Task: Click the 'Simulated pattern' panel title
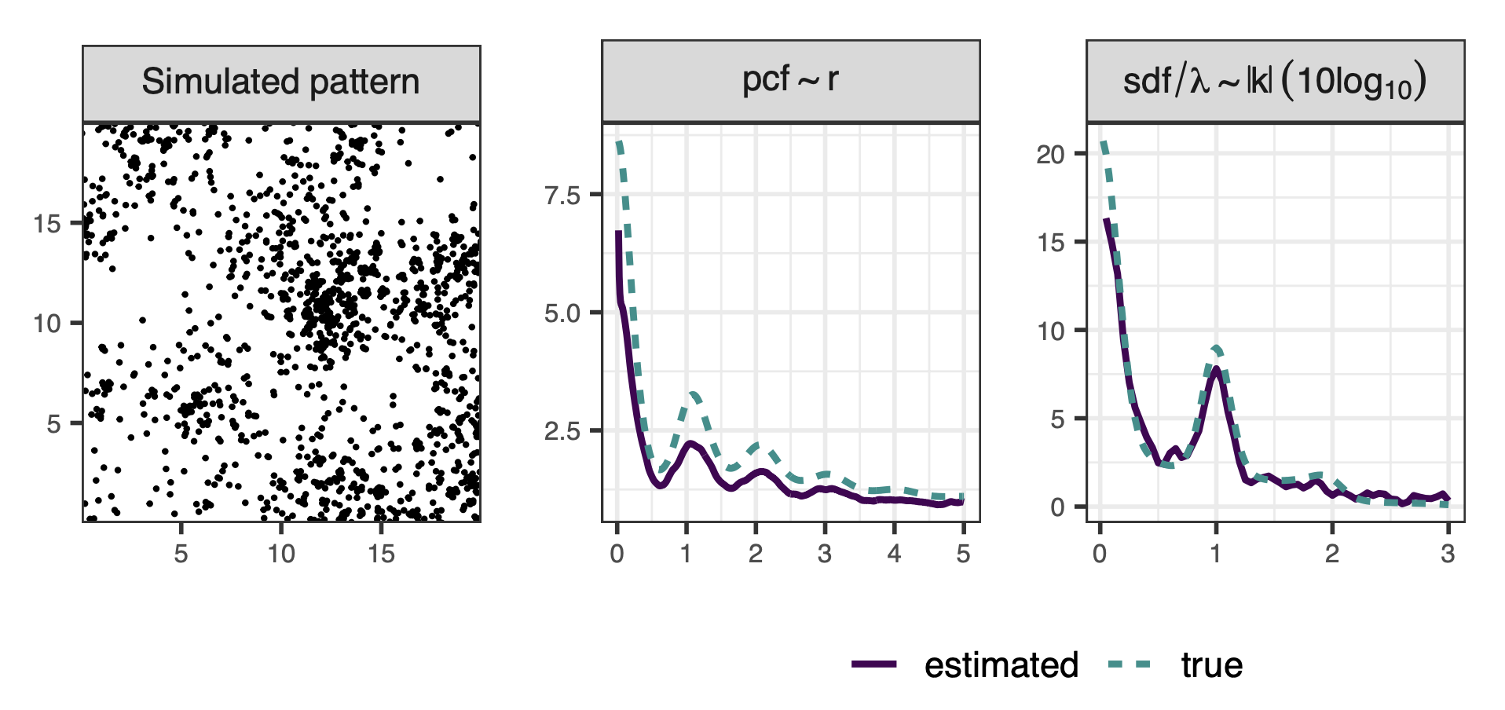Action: click(280, 82)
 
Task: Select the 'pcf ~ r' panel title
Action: click(790, 79)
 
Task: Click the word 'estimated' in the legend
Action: click(1001, 665)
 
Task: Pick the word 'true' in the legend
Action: click(1211, 665)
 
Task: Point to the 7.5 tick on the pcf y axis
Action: click(562, 195)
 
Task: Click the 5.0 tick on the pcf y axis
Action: click(562, 313)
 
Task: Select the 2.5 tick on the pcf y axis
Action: click(562, 430)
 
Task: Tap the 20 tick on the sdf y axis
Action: click(1050, 154)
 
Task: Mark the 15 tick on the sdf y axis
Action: click(1050, 242)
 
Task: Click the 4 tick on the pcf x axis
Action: click(894, 554)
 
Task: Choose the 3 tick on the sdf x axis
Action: click(1448, 554)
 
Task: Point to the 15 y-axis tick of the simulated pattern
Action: click(47, 224)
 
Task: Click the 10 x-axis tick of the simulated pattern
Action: click(281, 554)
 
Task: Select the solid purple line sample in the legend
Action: click(873, 665)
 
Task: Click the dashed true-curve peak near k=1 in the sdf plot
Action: click(1216, 347)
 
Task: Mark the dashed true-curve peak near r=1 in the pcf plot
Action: click(693, 393)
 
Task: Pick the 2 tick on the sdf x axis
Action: click(1331, 554)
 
